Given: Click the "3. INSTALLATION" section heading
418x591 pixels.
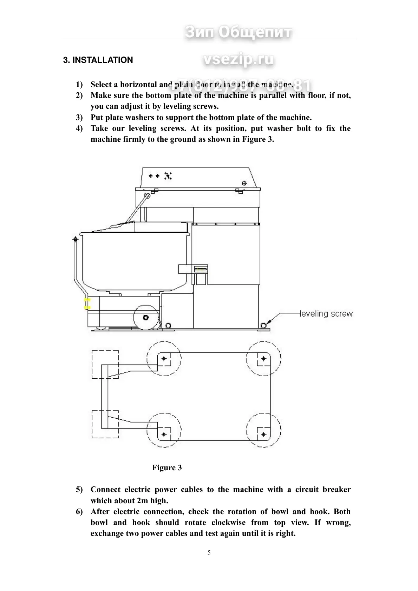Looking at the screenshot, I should tap(98, 60).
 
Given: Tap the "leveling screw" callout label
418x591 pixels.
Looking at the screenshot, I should tap(326, 314).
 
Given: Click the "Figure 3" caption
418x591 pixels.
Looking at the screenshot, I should tap(167, 467).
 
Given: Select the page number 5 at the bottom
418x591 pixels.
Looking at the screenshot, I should tap(209, 552).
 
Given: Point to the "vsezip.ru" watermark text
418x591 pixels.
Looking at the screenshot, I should tap(238, 59).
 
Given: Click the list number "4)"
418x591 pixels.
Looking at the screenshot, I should tap(79, 128).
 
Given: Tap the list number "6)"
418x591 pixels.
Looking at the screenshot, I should tap(79, 512).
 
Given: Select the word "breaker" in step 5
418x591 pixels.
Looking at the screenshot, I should tap(337, 490).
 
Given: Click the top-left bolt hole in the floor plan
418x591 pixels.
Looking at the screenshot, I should tap(164, 359).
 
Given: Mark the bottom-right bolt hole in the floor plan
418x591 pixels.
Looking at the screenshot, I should tap(263, 434).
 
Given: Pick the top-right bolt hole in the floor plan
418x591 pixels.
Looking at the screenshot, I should tap(263, 359).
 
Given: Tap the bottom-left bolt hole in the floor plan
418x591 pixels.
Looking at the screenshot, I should tap(164, 434).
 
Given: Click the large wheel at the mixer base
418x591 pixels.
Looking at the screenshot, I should tap(145, 317).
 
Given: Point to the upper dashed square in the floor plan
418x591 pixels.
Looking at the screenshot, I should tap(105, 364).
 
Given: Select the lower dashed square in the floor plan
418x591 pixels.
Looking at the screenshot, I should tap(105, 424).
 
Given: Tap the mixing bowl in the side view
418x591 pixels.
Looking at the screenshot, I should tap(135, 261).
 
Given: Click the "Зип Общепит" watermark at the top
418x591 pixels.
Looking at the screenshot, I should tap(238, 32).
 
